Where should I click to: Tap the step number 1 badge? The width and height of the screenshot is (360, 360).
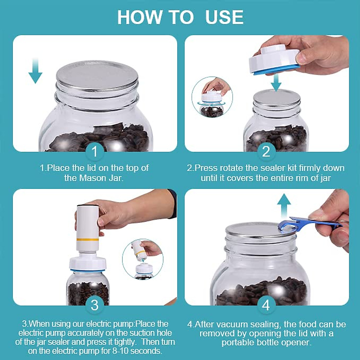coord(95,151)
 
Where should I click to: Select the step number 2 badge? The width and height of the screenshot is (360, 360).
coord(266,151)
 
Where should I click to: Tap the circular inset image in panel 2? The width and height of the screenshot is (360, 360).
coord(212,97)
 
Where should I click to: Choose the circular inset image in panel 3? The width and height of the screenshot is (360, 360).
coord(142,259)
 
